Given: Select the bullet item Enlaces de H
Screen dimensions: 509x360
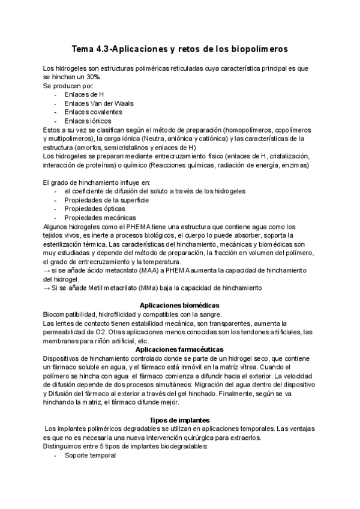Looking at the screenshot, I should coord(85,95).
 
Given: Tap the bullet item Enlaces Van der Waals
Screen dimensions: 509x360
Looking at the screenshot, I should coord(99,103).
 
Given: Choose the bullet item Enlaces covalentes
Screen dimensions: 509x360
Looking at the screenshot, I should coord(94,112).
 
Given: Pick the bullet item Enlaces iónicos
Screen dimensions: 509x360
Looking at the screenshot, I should coord(89,121).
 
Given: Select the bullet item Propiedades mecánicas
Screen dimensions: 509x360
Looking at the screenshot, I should coord(100,217).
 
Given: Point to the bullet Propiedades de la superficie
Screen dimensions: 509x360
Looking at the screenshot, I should coord(107,200).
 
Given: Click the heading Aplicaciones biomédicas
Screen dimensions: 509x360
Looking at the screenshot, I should coord(179,306).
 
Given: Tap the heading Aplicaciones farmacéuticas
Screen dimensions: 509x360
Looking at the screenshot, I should coord(179,349).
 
